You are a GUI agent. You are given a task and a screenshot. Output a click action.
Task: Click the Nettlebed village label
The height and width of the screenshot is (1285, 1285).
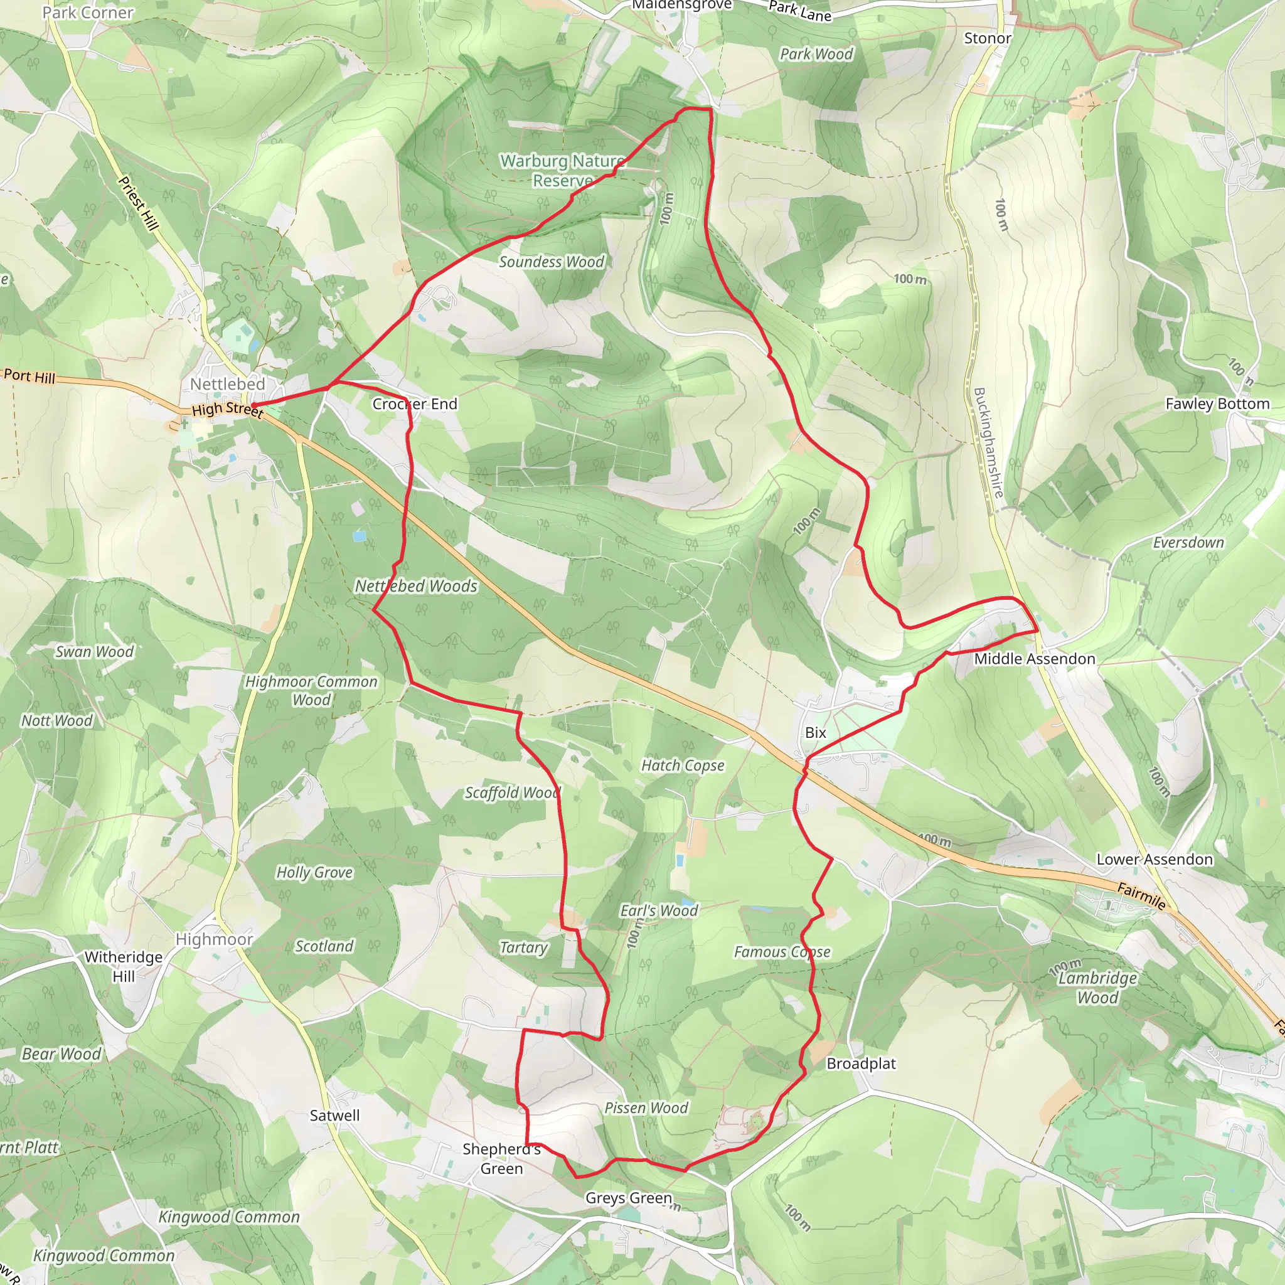click(228, 384)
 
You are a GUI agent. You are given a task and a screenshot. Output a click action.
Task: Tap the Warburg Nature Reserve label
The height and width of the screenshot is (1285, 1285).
click(563, 171)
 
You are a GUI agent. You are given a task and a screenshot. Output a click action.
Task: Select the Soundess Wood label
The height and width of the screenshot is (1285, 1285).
click(552, 262)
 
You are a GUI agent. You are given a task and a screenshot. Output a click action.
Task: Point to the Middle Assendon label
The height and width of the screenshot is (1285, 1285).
click(1034, 658)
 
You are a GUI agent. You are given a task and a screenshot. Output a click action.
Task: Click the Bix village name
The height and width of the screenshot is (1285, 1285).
click(816, 732)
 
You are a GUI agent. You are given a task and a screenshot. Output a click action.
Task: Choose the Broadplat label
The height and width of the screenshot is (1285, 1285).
click(861, 1064)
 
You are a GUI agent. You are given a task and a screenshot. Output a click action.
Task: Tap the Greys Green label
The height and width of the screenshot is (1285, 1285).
click(629, 1198)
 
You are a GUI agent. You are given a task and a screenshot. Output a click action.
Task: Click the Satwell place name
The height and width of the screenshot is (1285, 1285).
click(334, 1116)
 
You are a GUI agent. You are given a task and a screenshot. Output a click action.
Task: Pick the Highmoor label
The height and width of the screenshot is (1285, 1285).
click(214, 939)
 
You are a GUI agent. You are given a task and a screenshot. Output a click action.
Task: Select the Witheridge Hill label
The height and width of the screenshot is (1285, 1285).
click(124, 966)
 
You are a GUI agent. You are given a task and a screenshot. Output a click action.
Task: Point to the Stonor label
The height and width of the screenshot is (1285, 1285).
click(987, 38)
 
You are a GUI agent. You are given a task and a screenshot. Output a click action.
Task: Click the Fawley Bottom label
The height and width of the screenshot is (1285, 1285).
click(1217, 403)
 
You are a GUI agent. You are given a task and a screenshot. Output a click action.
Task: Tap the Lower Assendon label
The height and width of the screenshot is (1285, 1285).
click(1154, 860)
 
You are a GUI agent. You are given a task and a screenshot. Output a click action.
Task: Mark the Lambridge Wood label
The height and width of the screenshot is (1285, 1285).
click(1097, 988)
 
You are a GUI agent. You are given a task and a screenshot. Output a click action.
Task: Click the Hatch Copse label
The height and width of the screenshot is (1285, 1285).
click(683, 765)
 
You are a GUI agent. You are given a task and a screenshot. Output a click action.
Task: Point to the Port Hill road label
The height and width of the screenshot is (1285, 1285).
click(29, 376)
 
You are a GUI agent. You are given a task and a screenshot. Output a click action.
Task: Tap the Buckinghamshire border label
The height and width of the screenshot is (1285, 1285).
click(988, 442)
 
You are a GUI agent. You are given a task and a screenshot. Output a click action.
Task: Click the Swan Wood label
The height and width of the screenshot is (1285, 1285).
click(95, 652)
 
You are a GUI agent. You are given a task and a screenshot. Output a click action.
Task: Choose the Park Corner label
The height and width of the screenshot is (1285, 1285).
click(88, 13)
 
